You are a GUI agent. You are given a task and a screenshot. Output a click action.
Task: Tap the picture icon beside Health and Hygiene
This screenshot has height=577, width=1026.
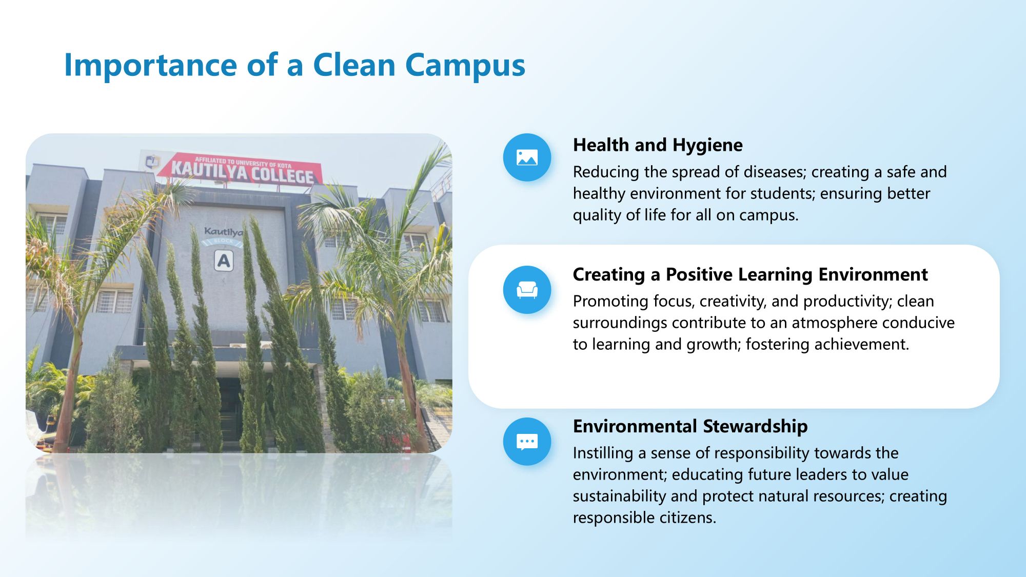[527, 157]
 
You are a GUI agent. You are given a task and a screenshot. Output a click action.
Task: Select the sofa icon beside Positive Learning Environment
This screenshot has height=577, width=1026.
[527, 290]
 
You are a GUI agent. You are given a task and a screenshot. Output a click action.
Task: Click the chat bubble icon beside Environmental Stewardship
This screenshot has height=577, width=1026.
[527, 442]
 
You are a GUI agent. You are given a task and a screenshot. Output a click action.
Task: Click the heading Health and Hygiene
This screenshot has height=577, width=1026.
[658, 146]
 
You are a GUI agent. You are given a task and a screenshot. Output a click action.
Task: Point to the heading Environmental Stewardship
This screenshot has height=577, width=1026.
[690, 427]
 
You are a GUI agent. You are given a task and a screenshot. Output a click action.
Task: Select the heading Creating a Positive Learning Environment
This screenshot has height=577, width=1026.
[750, 275]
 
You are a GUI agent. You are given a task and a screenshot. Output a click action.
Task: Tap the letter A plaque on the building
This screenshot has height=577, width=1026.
[224, 261]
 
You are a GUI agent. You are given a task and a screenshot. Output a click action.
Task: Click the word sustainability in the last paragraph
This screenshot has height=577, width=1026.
[619, 496]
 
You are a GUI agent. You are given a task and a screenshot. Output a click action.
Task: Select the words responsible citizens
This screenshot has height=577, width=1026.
[644, 518]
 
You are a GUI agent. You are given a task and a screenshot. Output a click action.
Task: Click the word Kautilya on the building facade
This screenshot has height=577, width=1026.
[224, 232]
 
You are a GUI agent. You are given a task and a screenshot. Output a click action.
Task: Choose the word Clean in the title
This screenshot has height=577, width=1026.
[354, 66]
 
